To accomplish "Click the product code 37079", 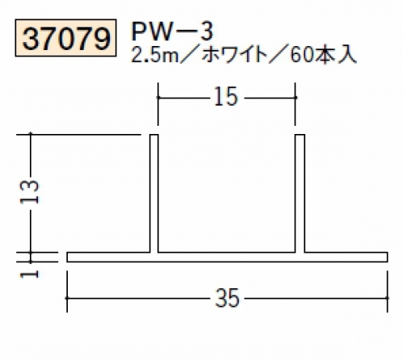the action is (65, 38).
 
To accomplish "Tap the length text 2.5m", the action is (154, 56).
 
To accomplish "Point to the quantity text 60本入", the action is (322, 56).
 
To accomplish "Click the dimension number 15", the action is (226, 97).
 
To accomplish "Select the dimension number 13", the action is (30, 191).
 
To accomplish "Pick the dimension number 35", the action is (227, 298).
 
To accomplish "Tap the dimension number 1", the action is (30, 274).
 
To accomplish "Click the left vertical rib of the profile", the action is (154, 193).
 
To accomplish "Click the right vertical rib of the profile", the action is (300, 193).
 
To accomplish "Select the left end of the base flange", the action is (67, 257).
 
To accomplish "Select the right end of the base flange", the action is (388, 257).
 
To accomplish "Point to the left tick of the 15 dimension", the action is (157, 98).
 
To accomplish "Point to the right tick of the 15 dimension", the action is (296, 98).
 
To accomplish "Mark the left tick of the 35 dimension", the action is (67, 298).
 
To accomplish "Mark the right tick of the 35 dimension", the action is (388, 298).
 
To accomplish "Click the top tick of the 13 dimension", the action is (31, 134).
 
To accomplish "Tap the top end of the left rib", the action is (154, 135).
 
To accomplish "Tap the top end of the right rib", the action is (300, 135).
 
